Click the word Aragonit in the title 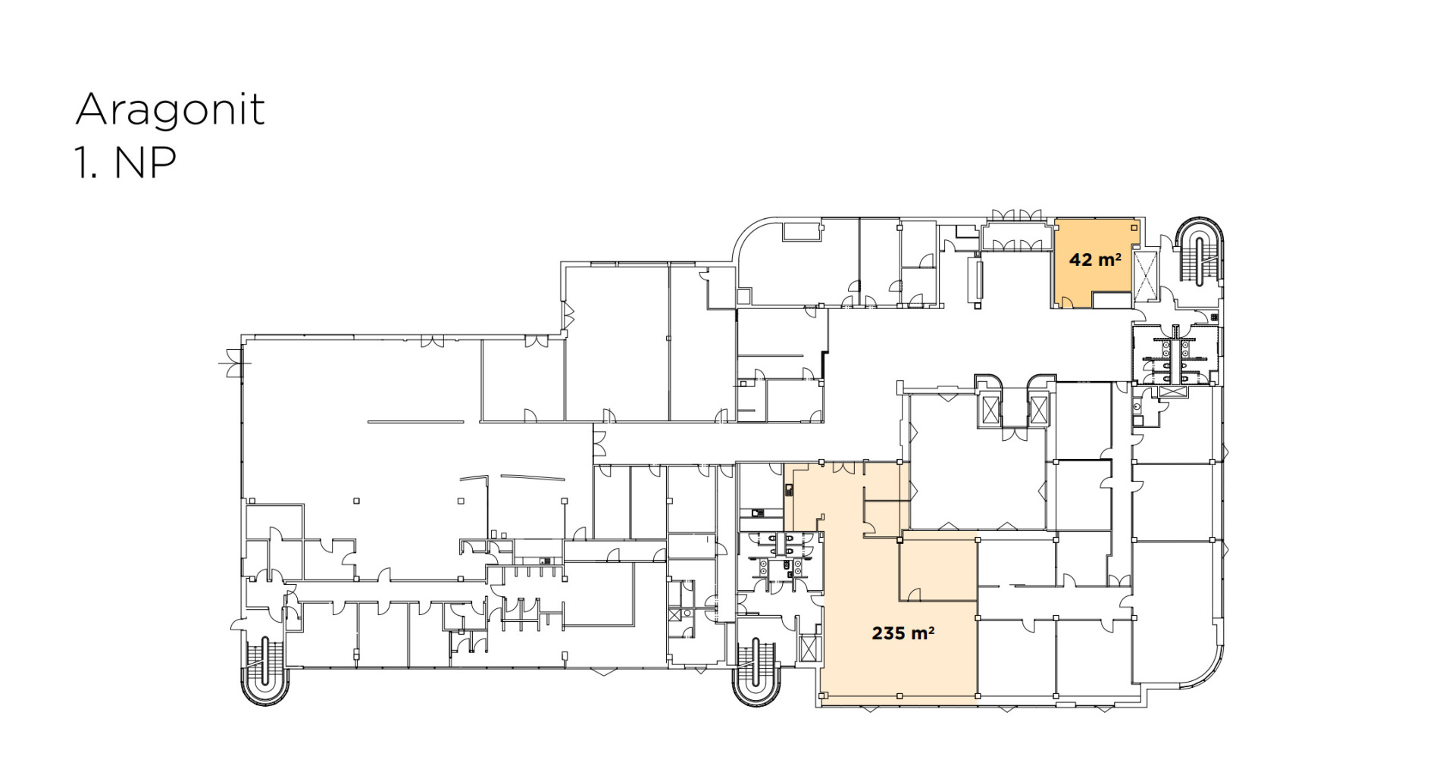point(171,111)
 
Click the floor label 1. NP point(126,162)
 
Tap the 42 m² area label point(1095,260)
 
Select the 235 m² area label point(903,633)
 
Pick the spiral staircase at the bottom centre point(756,670)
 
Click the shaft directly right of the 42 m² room point(1145,273)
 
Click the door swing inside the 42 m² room point(1067,302)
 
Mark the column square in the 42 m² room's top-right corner point(1134,227)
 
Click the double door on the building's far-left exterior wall point(230,364)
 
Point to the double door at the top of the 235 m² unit point(843,468)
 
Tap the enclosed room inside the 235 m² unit point(938,570)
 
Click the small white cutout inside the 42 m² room point(1112,300)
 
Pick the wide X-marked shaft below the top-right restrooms point(1172,392)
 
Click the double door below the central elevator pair point(1015,434)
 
